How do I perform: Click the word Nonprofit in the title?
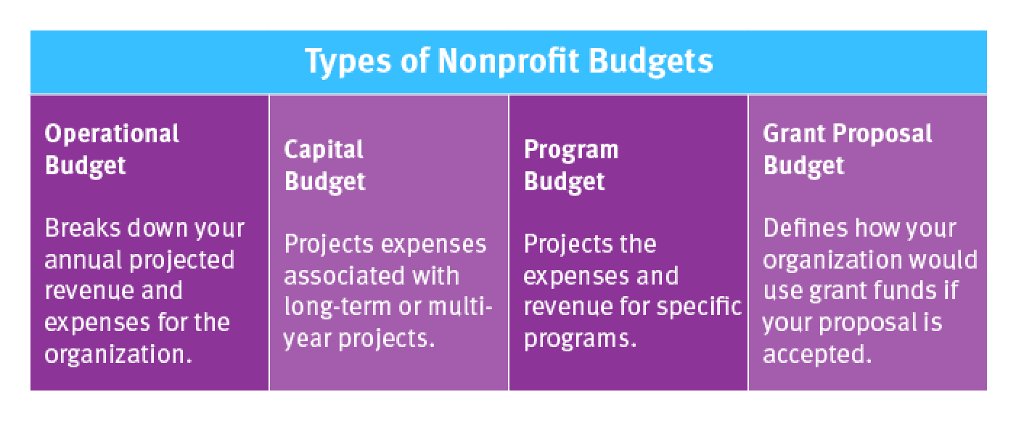[x=509, y=61]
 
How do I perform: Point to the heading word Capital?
[x=324, y=150]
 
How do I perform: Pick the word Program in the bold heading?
[x=571, y=150]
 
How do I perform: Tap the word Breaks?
[x=83, y=228]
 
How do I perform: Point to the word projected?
[x=182, y=261]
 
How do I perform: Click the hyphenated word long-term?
[x=337, y=306]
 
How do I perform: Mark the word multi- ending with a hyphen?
[x=460, y=306]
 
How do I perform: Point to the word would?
[x=944, y=260]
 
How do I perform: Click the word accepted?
[x=817, y=354]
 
